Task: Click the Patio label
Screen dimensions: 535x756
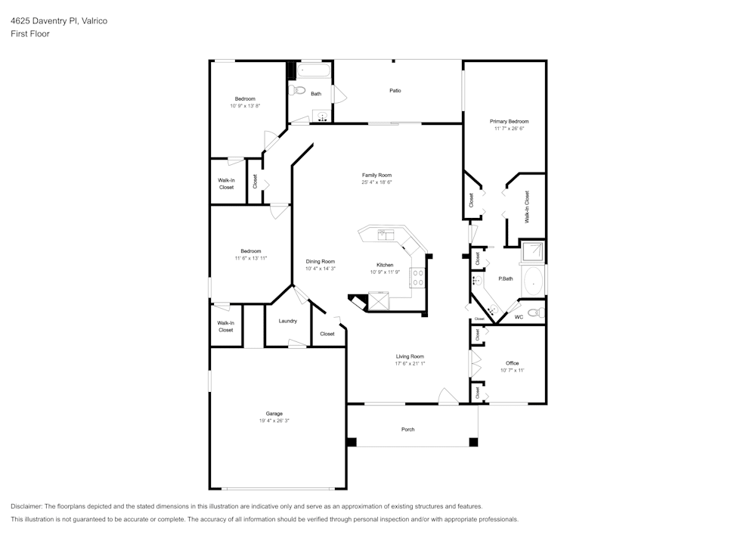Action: (395, 91)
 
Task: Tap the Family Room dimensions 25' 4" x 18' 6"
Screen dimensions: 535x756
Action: (376, 182)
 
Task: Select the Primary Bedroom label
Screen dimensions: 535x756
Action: (509, 121)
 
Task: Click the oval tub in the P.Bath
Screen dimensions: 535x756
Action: (533, 281)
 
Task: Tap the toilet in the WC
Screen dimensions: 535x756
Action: (534, 313)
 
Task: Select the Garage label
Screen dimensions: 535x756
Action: (274, 413)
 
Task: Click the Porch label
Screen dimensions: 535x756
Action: (407, 430)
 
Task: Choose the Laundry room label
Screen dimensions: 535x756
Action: (287, 321)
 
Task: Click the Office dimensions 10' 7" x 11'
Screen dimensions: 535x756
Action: (512, 371)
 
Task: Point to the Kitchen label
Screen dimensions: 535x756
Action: (385, 265)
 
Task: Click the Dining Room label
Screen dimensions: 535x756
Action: (320, 261)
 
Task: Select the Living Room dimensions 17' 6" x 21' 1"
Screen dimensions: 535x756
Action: (410, 364)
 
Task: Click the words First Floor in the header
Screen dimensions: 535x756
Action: (30, 34)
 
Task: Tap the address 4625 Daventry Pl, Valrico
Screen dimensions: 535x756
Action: (59, 21)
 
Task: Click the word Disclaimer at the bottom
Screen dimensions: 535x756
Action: (26, 506)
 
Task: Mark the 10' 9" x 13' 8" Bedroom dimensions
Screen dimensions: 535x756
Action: (245, 106)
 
